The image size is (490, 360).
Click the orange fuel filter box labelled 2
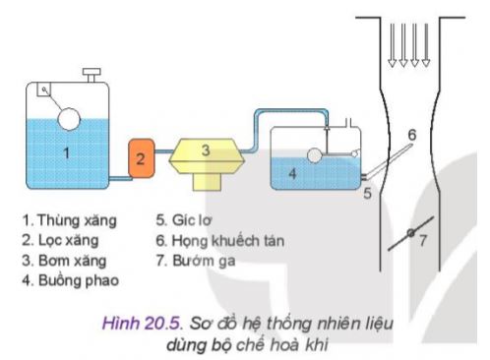click(141, 156)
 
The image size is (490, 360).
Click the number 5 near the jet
click(366, 194)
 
